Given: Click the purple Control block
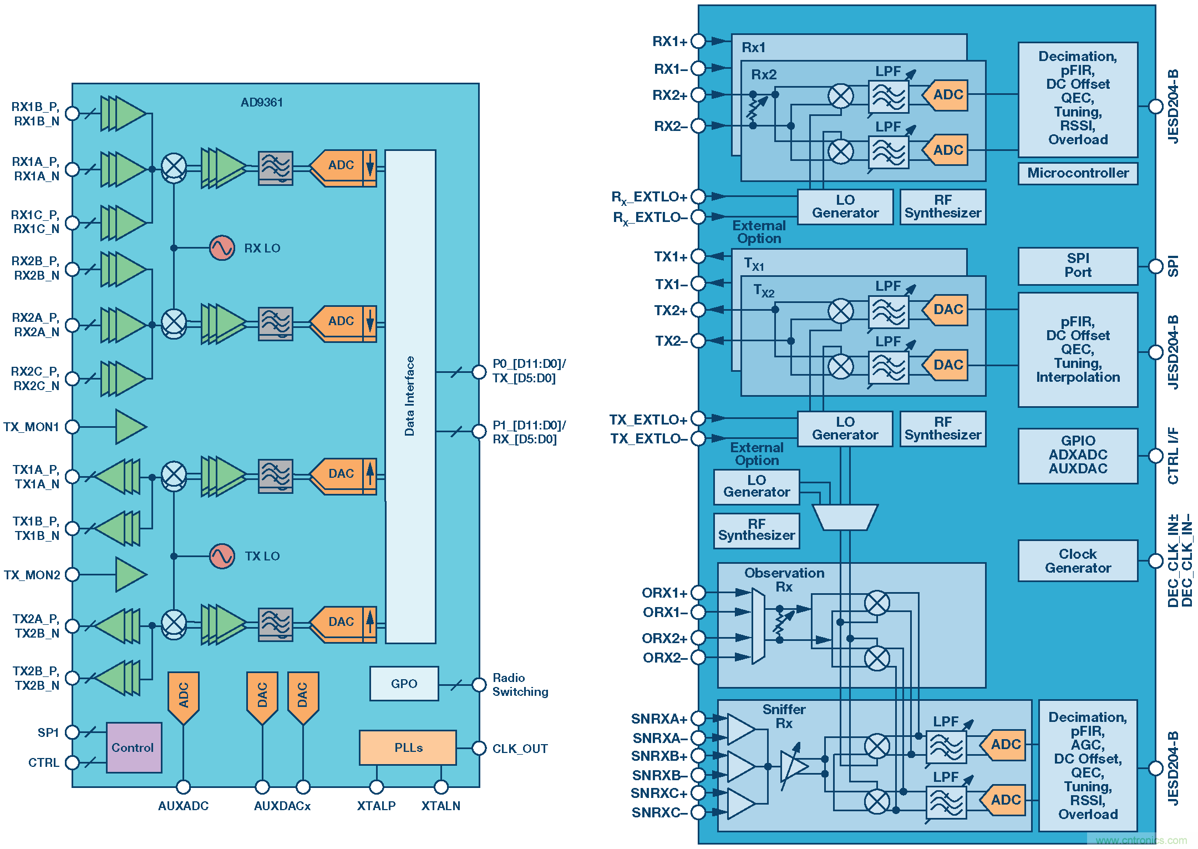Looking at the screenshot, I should pos(134,747).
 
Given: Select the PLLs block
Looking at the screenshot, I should pos(408,747).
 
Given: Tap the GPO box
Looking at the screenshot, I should pos(404,684).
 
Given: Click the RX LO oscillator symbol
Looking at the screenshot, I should pos(222,248).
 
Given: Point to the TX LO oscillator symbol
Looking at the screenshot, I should pos(222,556).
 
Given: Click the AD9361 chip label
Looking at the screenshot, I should pos(262,103).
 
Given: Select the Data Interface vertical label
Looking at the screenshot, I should pos(409,396).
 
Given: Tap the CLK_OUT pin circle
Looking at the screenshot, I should pos(479,748).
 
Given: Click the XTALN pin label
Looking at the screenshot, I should pos(440,806).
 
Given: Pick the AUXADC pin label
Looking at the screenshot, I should pos(183,806).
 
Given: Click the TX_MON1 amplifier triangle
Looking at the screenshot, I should pos(130,427).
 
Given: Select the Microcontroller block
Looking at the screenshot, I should pos(1078,173).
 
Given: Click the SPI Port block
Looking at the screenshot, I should pos(1078,266).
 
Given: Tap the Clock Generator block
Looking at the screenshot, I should pos(1078,561).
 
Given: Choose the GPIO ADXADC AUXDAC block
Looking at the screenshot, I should pos(1078,455).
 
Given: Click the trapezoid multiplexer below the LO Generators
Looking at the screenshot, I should pos(845,517).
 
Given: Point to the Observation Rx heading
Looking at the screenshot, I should pos(784,580).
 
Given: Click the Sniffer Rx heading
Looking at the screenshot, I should pos(784,716).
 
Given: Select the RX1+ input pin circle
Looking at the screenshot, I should pos(698,41).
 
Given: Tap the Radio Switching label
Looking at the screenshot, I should pos(520,685).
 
